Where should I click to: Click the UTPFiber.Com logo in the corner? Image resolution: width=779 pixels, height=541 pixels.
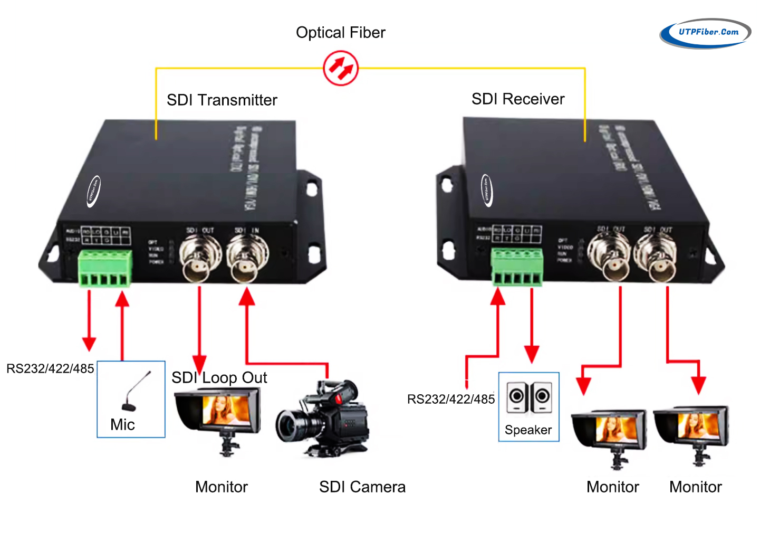coord(705,33)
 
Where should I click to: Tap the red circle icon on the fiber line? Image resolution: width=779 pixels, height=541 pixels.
coord(341,68)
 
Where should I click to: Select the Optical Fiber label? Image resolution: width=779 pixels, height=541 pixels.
coord(341,33)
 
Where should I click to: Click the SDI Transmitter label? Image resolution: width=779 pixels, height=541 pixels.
coord(222,100)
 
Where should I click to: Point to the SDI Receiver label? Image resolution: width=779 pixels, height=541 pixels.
coord(518,99)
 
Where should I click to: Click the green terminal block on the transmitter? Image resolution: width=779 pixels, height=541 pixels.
coord(105,269)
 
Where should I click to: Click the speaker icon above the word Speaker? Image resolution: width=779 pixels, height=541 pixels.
coord(528,397)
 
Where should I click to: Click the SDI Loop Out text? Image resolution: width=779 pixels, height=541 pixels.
coord(219,378)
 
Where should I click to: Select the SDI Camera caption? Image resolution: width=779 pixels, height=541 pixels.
coord(362,487)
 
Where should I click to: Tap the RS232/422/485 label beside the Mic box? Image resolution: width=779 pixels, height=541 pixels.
coord(50,368)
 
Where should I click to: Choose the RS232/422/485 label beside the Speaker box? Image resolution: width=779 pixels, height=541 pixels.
coord(451,399)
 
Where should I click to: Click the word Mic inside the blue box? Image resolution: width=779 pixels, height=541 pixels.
coord(122,424)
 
